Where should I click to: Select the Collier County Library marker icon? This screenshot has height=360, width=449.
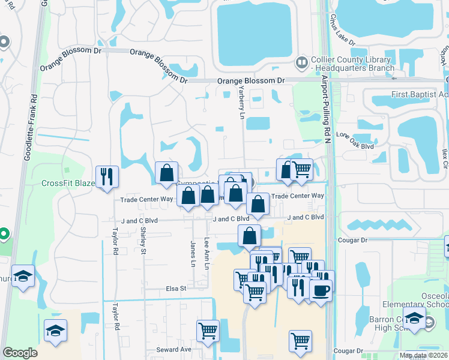pyautogui.click(x=301, y=62)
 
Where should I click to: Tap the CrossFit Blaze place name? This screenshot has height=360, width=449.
pyautogui.click(x=68, y=183)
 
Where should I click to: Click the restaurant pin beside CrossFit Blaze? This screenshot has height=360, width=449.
pyautogui.click(x=107, y=176)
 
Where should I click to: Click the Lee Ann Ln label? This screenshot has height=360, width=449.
pyautogui.click(x=207, y=253)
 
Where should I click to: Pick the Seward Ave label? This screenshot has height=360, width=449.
pyautogui.click(x=173, y=349)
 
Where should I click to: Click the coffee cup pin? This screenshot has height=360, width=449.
pyautogui.click(x=320, y=290)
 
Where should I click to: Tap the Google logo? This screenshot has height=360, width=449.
pyautogui.click(x=20, y=353)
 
